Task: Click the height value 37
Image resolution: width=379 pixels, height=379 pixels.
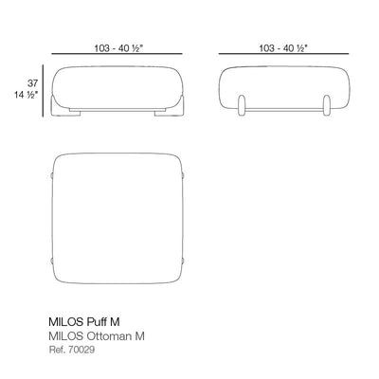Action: [x=32, y=83]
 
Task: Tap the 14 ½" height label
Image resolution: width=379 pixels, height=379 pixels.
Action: [x=26, y=95]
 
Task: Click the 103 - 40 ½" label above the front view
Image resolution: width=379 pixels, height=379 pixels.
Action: [x=118, y=48]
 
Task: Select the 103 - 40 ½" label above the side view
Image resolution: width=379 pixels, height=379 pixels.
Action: [x=283, y=48]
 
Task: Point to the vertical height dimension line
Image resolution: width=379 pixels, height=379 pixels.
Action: [x=43, y=91]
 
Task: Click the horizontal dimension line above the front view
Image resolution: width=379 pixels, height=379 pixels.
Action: [x=117, y=54]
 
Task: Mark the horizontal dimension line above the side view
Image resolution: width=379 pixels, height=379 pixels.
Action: [x=283, y=54]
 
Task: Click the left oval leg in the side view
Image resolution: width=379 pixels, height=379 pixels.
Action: [x=242, y=105]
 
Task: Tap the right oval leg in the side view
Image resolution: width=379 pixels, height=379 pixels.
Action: [x=327, y=105]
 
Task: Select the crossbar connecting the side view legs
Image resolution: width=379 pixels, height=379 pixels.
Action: [x=284, y=110]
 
